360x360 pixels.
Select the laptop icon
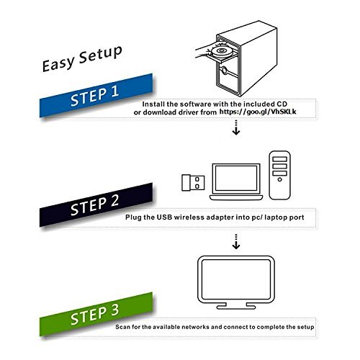coord(231,180)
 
